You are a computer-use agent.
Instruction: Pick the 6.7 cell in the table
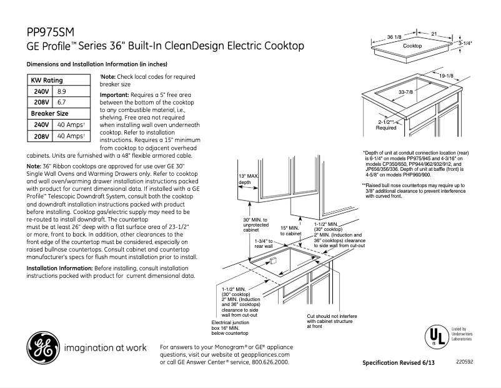pyautogui.click(x=62, y=102)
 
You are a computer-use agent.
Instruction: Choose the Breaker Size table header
pyautogui.click(x=50, y=113)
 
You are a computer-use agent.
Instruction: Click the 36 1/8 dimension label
pyautogui.click(x=394, y=38)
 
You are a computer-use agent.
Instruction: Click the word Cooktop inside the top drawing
pyautogui.click(x=412, y=47)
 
